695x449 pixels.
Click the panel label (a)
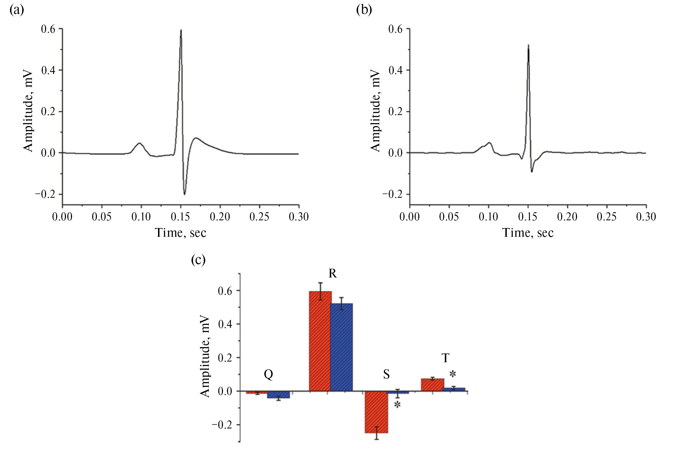point(16,10)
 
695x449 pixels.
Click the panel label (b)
point(364,10)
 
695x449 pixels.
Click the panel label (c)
point(198,260)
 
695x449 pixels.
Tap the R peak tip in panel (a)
point(181,30)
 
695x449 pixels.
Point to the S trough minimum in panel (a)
point(185,194)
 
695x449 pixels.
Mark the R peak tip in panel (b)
point(529,45)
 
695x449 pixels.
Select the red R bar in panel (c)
point(320,341)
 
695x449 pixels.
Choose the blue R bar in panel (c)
point(342,347)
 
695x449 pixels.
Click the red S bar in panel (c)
point(377,412)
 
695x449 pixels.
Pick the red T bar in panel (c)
point(432,385)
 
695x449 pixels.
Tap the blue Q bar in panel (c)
point(278,395)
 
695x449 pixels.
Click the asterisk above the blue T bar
point(453,374)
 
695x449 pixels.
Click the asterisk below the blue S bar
point(397,405)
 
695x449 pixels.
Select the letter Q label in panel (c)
point(268,374)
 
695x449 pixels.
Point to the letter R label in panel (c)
point(333,273)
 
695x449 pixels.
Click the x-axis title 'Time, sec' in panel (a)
point(181,233)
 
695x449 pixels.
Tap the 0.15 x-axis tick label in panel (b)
point(528,217)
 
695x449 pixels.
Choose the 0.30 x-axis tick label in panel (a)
point(299,217)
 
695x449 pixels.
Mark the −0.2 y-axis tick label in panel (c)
point(222,425)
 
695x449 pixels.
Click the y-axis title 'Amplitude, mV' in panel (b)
point(375,111)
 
